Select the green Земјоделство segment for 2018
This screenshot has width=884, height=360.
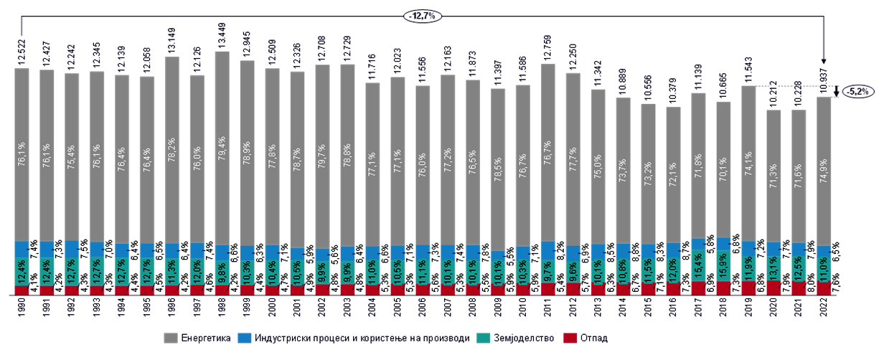[723, 268]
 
